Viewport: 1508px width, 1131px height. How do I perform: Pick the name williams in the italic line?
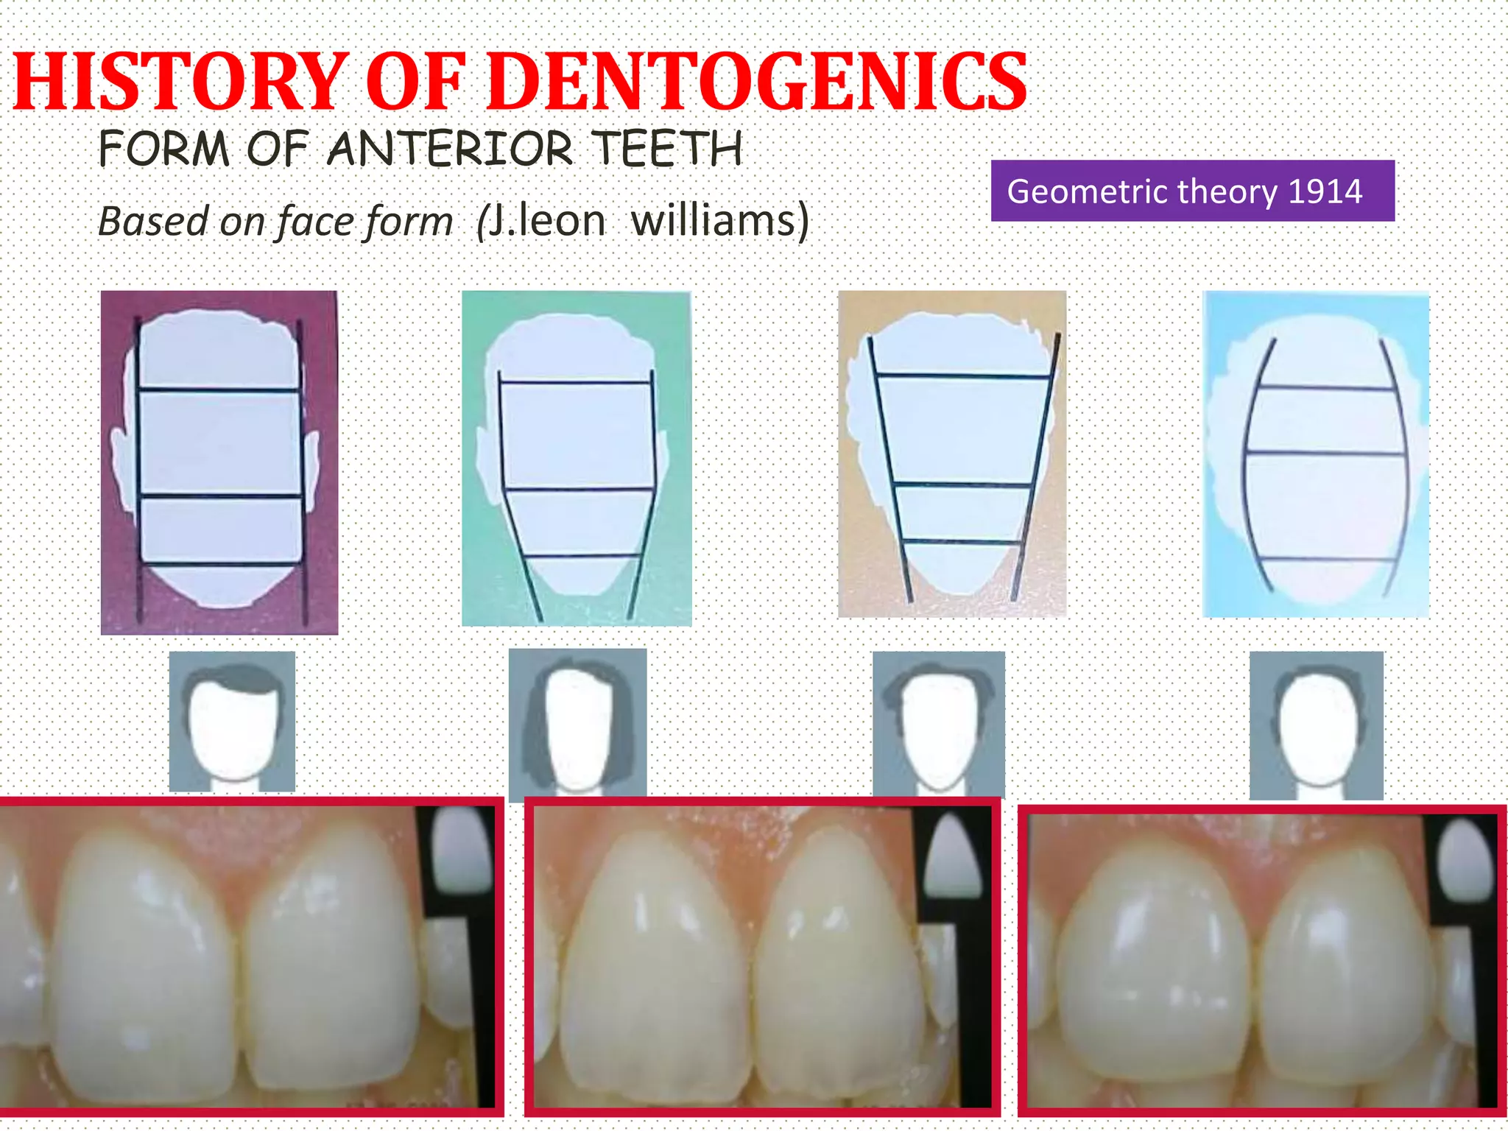719,220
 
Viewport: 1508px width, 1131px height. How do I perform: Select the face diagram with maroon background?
219,462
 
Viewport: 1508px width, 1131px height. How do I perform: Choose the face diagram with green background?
576,458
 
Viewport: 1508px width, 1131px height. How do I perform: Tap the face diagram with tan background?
951,454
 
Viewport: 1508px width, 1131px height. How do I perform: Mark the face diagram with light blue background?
1316,454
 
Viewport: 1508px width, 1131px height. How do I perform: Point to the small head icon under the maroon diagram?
232,722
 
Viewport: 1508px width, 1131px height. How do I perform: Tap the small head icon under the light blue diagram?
1316,725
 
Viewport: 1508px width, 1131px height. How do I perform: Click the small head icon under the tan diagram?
939,725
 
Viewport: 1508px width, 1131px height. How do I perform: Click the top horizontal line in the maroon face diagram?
219,390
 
